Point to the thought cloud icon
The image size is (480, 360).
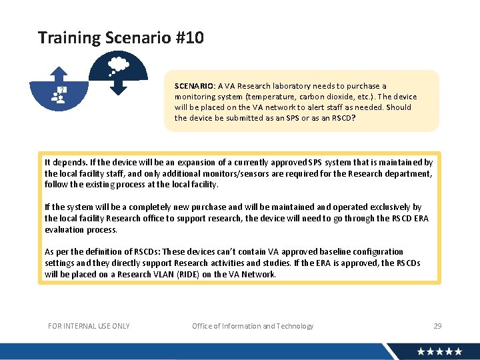[118, 64]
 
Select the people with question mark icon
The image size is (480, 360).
[59, 95]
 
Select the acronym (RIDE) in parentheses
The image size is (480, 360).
[181, 274]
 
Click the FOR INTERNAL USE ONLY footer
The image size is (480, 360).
[89, 326]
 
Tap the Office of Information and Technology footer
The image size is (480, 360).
[253, 326]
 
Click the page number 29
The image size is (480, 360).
[437, 326]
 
